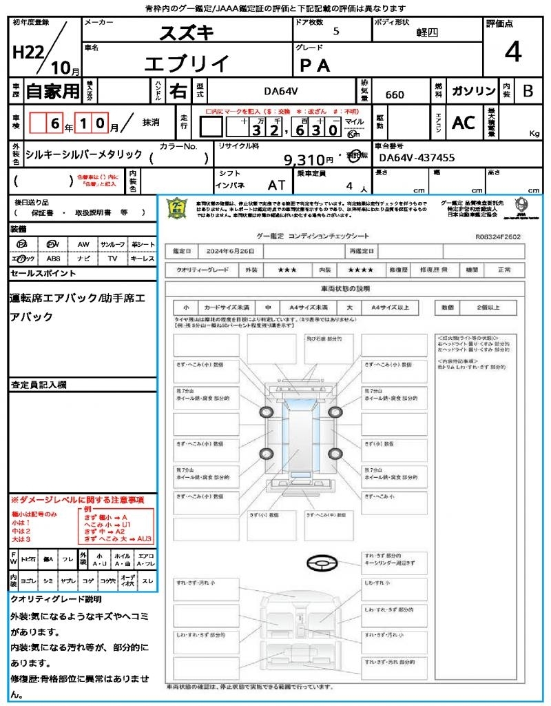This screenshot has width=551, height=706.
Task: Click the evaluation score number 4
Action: (512, 52)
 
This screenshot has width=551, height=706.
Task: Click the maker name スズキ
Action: (187, 32)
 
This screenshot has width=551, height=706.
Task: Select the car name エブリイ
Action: (187, 63)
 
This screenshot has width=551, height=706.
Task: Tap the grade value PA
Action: (315, 65)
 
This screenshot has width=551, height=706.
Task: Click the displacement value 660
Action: (395, 94)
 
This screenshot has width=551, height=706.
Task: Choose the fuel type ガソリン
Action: (472, 91)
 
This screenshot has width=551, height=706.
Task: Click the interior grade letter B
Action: (528, 91)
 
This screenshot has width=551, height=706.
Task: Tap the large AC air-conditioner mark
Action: (463, 123)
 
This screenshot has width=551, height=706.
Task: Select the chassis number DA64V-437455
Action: (417, 158)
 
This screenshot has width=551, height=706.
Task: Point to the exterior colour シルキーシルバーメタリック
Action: (84, 155)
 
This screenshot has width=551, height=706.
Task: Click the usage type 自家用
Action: (53, 91)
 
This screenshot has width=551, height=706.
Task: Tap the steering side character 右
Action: (178, 91)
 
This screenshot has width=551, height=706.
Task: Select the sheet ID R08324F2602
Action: (498, 236)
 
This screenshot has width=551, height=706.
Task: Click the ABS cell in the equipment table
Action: (54, 259)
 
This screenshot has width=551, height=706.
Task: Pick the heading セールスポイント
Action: (43, 274)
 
